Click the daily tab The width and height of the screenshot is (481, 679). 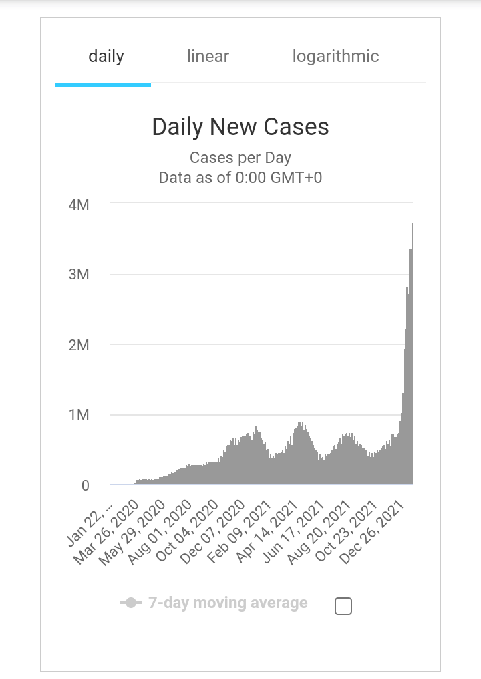[106, 57]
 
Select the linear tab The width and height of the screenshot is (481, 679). [208, 57]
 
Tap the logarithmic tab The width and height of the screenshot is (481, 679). [335, 57]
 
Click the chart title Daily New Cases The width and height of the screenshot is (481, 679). [240, 127]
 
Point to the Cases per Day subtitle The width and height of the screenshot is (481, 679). [240, 158]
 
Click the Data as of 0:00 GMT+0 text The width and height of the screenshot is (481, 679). [240, 178]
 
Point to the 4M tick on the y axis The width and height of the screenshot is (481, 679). [79, 205]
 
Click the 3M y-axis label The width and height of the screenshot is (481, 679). [79, 275]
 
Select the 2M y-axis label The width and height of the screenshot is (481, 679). [79, 345]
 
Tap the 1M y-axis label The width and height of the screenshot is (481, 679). [79, 415]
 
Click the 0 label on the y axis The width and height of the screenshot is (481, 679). [85, 486]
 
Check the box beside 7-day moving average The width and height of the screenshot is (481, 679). [343, 606]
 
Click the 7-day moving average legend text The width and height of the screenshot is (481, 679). [228, 603]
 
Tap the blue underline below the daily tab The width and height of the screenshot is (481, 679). [103, 85]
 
